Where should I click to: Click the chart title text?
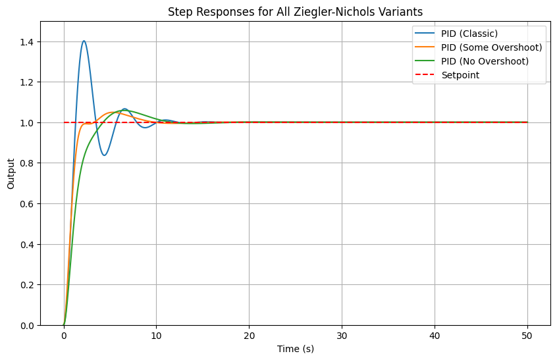296,11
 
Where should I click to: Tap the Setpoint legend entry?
460,75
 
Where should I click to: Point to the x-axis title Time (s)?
296,348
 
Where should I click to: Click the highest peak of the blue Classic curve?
84,41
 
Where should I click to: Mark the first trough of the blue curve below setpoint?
104,155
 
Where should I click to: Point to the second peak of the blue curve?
124,109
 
